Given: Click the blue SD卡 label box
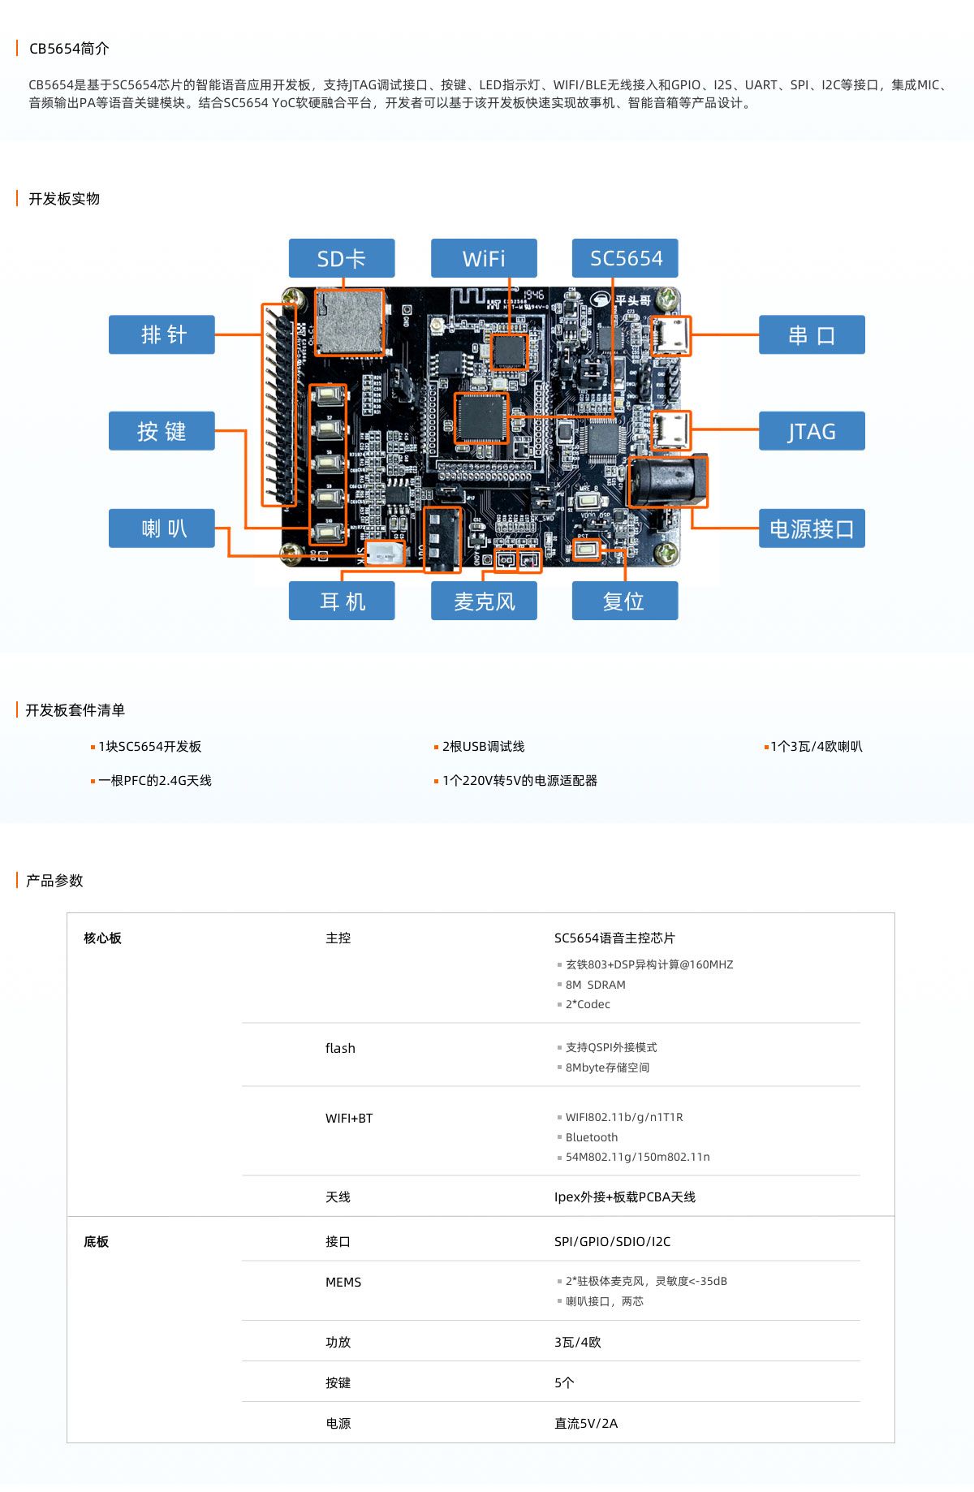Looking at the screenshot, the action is pos(342,258).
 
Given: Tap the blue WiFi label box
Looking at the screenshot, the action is pos(484,258).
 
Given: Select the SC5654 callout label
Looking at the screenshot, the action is pos(625,258).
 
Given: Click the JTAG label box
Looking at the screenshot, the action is pos(812,431).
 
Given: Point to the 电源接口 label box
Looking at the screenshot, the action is pos(812,528).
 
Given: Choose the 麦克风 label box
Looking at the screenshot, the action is pos(484,601).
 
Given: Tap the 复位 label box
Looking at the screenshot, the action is pos(625,601).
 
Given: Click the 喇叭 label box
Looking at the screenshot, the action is pos(162,528).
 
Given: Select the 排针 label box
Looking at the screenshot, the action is pos(162,334).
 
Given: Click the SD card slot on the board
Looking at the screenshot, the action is pos(349,321).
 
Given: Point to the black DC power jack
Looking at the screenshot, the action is pos(668,481).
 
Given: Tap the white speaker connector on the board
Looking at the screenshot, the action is pos(384,554).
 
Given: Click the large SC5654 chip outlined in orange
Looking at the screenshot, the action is pos(481,418).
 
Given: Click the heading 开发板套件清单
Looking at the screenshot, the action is pos(75,710).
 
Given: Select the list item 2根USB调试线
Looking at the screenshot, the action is pos(484,747).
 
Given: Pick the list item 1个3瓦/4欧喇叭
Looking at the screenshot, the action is pos(817,747).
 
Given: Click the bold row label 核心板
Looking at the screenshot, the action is pos(102,938).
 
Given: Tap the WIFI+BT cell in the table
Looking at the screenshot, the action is pos(349,1119).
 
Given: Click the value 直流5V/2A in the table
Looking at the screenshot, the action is pos(586,1423).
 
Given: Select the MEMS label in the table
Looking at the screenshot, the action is pos(343,1283).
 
